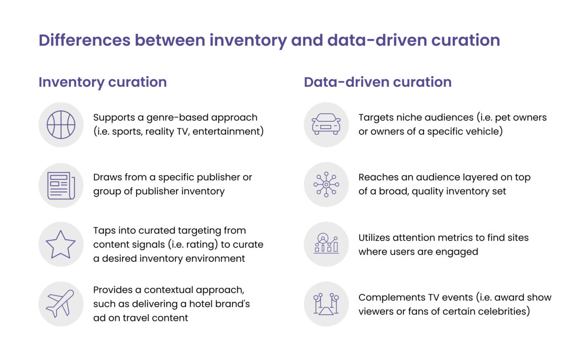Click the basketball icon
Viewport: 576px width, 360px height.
pyautogui.click(x=61, y=125)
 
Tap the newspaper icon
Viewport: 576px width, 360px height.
pyautogui.click(x=61, y=186)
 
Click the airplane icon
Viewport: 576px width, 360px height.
pyautogui.click(x=60, y=303)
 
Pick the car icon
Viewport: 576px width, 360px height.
pyautogui.click(x=326, y=124)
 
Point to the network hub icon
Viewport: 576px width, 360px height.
pyautogui.click(x=326, y=184)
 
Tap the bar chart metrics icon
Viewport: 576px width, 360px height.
pyautogui.click(x=326, y=243)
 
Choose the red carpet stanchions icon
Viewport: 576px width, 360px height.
pyautogui.click(x=326, y=304)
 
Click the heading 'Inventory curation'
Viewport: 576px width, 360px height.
pyautogui.click(x=103, y=82)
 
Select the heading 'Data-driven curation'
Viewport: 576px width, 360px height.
pyautogui.click(x=377, y=82)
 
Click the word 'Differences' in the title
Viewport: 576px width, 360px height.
pyautogui.click(x=84, y=40)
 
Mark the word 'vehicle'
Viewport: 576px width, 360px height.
pyautogui.click(x=483, y=131)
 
